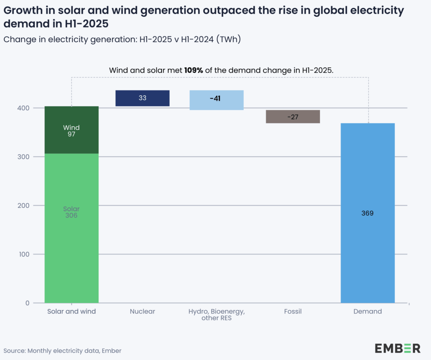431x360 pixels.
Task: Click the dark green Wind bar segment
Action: [x=72, y=130]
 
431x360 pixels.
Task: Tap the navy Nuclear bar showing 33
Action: [x=142, y=98]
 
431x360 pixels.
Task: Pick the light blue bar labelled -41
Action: [x=216, y=100]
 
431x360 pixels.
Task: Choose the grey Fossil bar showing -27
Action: [x=293, y=116]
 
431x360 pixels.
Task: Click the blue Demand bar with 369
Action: [x=367, y=213]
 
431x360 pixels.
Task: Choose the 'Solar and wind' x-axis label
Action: [x=72, y=312]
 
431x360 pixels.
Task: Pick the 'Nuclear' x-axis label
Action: [x=142, y=312]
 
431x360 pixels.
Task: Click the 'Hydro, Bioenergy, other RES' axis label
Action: [x=216, y=315]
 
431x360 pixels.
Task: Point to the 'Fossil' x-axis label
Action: [x=293, y=312]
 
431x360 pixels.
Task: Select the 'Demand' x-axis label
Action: [x=367, y=312]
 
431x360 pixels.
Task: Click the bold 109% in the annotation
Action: [x=194, y=71]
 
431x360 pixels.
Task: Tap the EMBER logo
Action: [x=397, y=348]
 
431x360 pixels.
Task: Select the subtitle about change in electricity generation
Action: [x=122, y=40]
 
